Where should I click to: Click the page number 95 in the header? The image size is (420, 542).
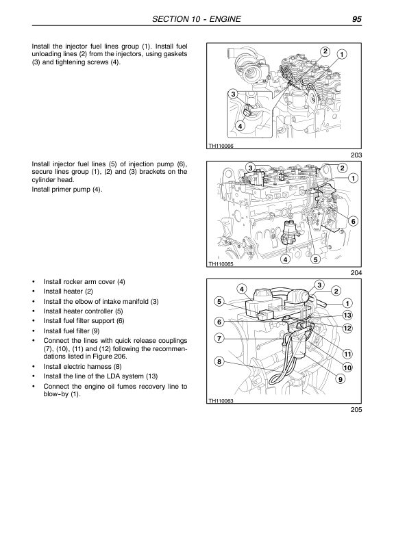point(356,19)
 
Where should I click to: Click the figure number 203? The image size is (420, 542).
point(354,155)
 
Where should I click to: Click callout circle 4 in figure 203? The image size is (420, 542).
point(240,126)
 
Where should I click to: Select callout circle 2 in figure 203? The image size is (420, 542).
point(324,51)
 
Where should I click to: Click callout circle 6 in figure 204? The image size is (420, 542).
point(353,221)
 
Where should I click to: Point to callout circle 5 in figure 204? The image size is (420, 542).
point(315,259)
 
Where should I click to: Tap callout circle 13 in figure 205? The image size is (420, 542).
point(347,315)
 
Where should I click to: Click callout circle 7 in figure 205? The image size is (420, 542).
point(219,338)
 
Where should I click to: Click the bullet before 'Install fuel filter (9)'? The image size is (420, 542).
point(34,331)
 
